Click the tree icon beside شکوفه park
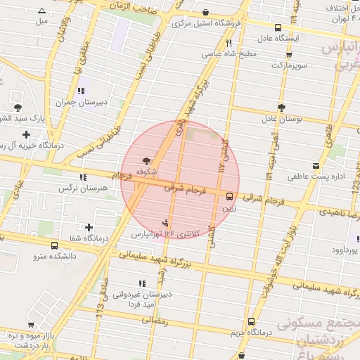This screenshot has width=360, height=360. [146, 161]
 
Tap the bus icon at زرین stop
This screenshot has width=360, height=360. [230, 196]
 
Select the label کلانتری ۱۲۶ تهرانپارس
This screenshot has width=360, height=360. [165, 232]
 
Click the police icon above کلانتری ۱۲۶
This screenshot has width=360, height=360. [166, 223]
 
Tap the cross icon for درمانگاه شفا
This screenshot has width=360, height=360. [89, 227]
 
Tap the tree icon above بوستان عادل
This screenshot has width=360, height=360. [281, 108]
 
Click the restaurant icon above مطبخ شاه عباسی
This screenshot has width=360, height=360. [229, 43]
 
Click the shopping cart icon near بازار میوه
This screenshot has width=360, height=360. [30, 324]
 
